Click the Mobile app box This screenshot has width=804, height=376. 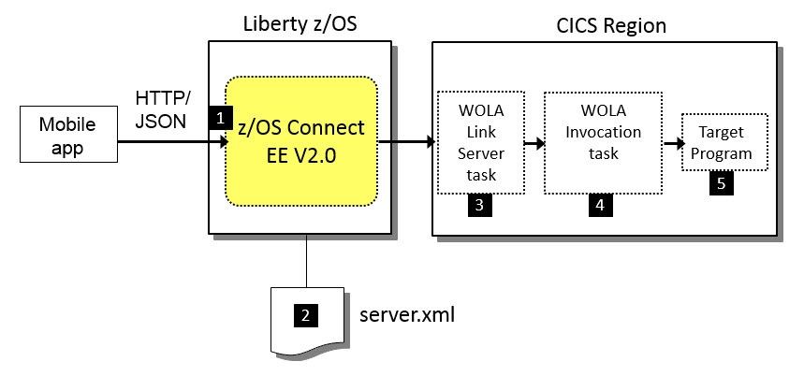[61, 137]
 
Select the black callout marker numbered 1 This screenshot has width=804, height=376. [220, 118]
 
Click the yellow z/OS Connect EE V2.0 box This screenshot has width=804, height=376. [302, 141]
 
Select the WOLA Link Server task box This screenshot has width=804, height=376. [480, 141]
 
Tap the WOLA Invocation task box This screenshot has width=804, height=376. [603, 141]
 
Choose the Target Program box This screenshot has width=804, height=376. [724, 142]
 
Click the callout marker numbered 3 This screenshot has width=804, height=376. [479, 207]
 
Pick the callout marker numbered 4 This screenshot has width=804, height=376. [600, 207]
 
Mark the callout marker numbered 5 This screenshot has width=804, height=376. [721, 183]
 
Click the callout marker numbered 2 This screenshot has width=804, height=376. [305, 315]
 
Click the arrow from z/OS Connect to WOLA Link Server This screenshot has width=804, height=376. [407, 142]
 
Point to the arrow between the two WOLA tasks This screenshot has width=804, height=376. [534, 144]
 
